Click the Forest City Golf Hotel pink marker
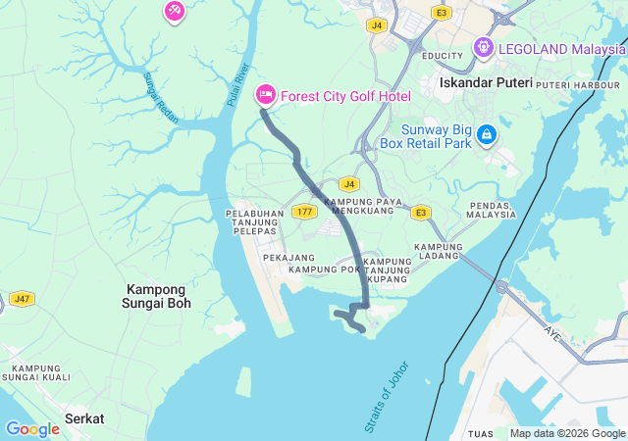pyautogui.click(x=265, y=95)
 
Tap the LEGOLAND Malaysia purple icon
pyautogui.click(x=483, y=47)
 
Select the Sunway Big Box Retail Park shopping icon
pyautogui.click(x=487, y=135)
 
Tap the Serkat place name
pyautogui.click(x=84, y=418)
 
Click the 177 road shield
pyautogui.click(x=303, y=212)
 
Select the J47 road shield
pyautogui.click(x=21, y=297)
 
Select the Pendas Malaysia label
pyautogui.click(x=491, y=209)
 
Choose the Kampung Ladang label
pyautogui.click(x=439, y=252)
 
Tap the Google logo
pyautogui.click(x=32, y=429)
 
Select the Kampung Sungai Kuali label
pyautogui.click(x=34, y=372)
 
